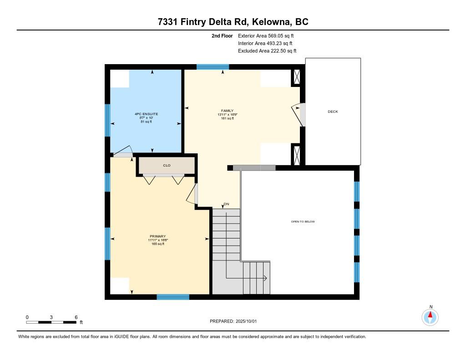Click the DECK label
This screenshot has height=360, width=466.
pos(333,112)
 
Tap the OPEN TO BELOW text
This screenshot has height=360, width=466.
pos(303,222)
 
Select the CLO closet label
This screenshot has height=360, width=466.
pos(167,165)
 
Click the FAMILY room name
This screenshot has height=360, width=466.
pos(228,111)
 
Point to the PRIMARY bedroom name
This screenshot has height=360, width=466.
pos(158,236)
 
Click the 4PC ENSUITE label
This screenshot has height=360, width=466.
pos(146,114)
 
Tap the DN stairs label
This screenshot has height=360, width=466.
pos(227,204)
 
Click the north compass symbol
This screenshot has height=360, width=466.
pos(430,317)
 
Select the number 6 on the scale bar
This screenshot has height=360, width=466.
pos(76,317)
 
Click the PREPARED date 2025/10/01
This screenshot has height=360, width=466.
pos(246,321)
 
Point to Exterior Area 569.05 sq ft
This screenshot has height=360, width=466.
pos(266,35)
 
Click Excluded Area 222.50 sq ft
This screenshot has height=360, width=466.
pos(267,51)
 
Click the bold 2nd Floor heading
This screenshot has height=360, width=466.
pos(222,35)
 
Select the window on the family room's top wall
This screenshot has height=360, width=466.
pos(213,67)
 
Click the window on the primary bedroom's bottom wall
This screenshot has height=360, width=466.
pos(173,297)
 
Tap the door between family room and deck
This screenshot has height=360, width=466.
pos(298,115)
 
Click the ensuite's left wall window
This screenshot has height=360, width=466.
pos(107,120)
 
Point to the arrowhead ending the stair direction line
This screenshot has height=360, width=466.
pos(265,278)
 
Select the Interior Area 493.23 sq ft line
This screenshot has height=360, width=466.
pos(265,43)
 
